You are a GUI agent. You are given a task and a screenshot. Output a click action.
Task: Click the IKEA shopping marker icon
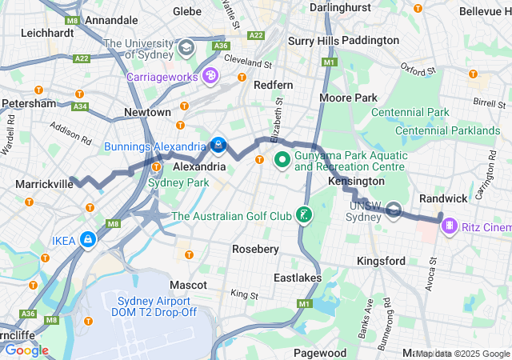86,239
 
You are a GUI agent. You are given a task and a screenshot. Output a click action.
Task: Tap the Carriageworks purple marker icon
210,76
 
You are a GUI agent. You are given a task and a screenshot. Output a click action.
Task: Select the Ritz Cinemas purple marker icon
450,227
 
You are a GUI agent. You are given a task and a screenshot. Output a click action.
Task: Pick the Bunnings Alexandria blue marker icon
218,146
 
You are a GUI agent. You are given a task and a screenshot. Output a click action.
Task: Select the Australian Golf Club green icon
304,215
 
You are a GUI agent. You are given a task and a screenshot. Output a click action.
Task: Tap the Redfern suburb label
273,85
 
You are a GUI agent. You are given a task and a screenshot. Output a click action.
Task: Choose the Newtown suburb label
146,113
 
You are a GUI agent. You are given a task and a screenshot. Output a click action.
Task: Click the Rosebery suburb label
255,249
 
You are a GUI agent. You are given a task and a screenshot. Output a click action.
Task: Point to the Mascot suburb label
189,285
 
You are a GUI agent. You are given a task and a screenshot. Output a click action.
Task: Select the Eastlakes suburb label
296,278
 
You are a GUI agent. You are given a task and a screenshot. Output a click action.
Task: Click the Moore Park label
348,98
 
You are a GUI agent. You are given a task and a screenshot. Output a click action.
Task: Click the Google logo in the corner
26,350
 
